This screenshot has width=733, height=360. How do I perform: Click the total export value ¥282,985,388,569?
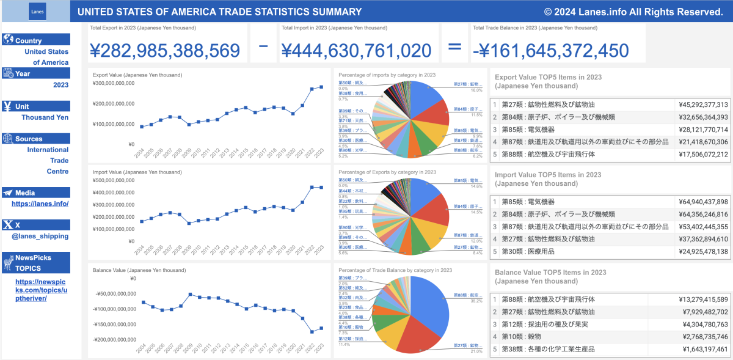(x=164, y=50)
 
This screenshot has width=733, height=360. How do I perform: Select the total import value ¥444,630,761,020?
(x=356, y=50)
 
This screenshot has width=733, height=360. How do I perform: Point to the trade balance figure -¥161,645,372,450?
(x=550, y=50)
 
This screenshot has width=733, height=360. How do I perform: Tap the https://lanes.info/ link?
(x=40, y=204)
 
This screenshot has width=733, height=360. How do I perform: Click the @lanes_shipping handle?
(x=44, y=236)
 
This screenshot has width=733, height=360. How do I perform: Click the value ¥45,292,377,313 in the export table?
(x=703, y=105)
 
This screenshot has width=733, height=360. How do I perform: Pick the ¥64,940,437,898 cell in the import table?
(x=703, y=202)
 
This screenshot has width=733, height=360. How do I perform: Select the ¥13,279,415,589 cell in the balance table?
(x=703, y=299)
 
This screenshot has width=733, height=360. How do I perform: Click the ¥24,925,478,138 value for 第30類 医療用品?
(x=703, y=252)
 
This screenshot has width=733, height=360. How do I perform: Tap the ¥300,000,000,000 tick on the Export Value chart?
(x=114, y=83)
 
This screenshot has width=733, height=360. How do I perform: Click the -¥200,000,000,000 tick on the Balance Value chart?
(x=115, y=339)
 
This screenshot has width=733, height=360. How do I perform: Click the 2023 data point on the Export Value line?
(x=322, y=87)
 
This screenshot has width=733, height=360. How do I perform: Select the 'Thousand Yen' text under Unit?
(x=45, y=117)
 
